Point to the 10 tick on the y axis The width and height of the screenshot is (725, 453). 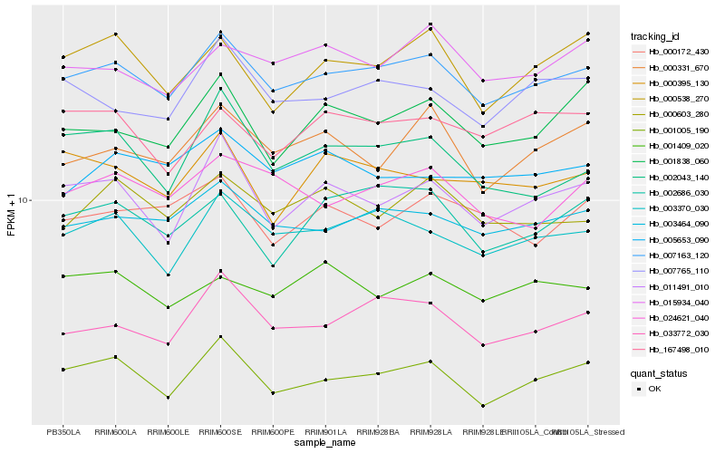pyautogui.click(x=24, y=200)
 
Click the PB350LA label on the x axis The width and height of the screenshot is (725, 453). pyautogui.click(x=63, y=431)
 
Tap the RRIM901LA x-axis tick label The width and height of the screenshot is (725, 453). pyautogui.click(x=324, y=431)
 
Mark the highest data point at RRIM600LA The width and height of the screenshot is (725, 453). pyautogui.click(x=115, y=34)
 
